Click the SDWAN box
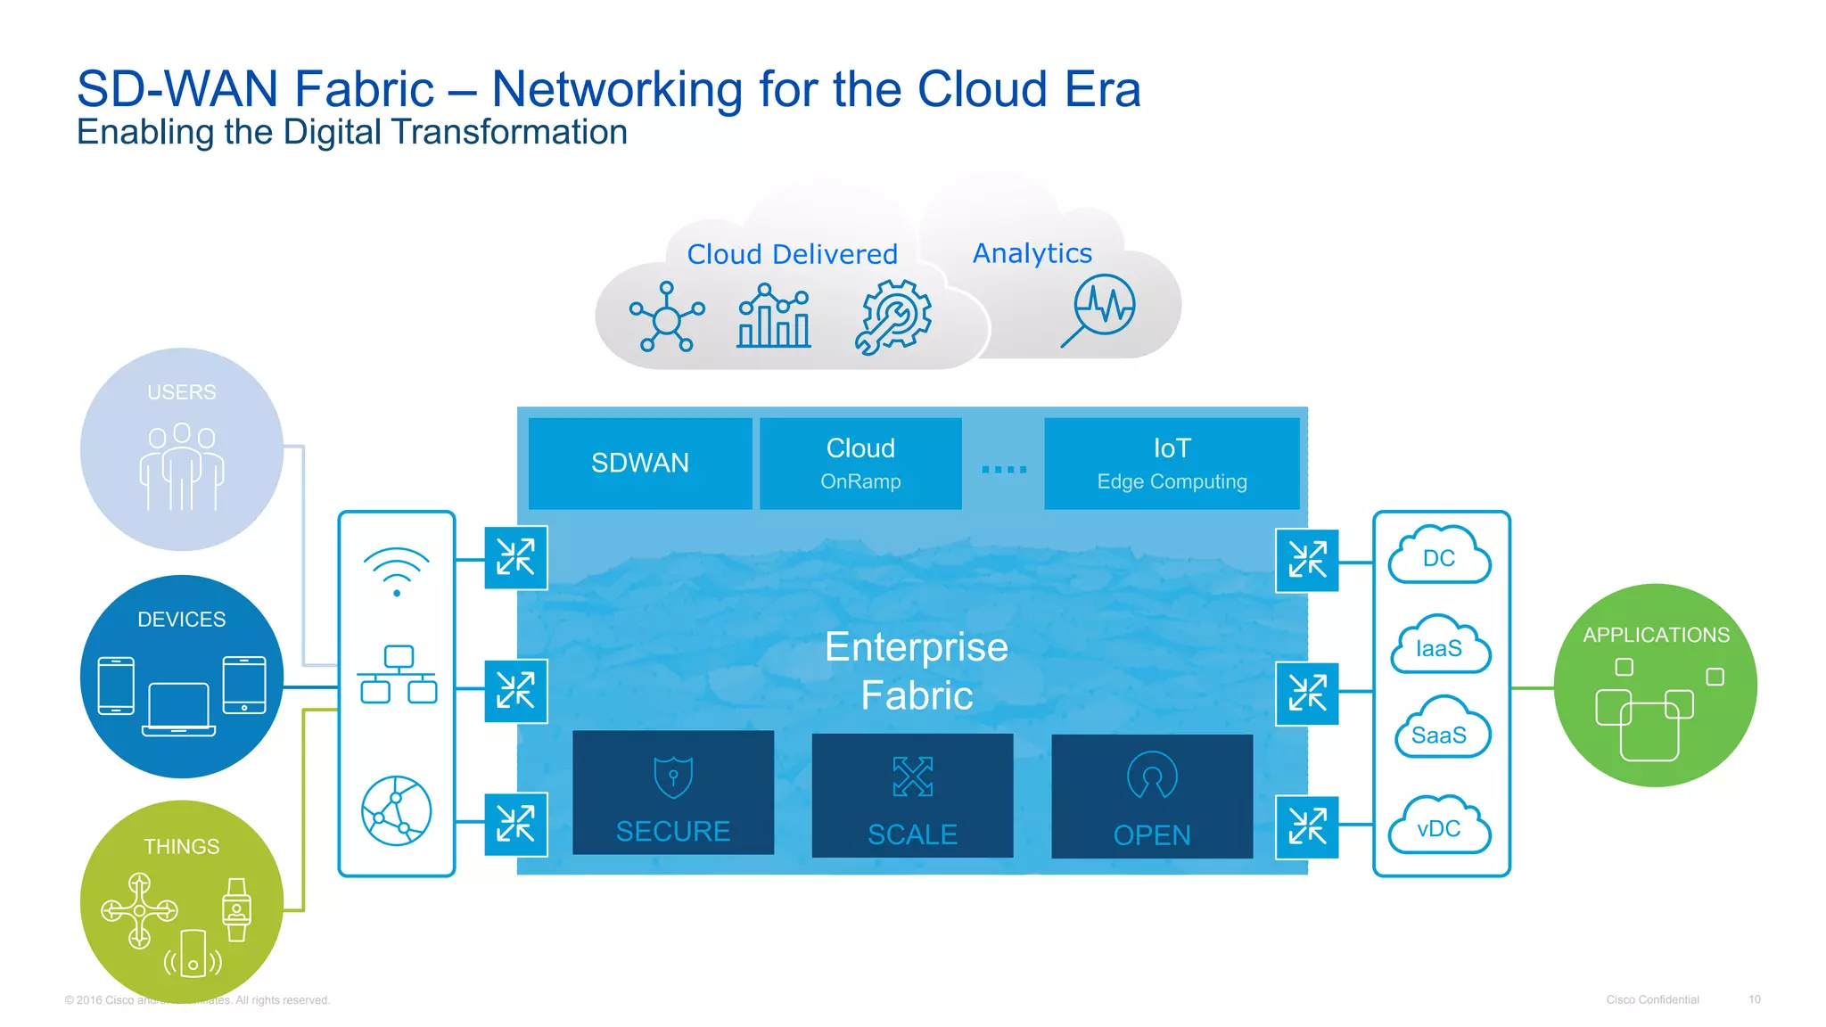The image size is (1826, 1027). [x=640, y=463]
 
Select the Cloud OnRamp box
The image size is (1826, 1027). [x=860, y=463]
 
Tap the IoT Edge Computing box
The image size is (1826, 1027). [x=1172, y=463]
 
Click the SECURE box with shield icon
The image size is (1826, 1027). [x=673, y=793]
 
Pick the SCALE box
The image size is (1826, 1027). [x=912, y=795]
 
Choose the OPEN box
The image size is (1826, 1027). [x=1152, y=796]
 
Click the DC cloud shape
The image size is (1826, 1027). [x=1439, y=557]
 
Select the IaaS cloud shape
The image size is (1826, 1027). [x=1439, y=646]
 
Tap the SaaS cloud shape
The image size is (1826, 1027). [x=1439, y=733]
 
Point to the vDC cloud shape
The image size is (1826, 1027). [x=1439, y=826]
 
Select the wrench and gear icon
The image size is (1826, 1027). [x=893, y=316]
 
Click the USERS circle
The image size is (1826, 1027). [x=182, y=448]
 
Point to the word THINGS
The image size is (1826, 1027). [x=182, y=846]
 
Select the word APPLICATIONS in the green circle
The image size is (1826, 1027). [x=1656, y=635]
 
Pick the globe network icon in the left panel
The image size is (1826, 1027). [x=397, y=810]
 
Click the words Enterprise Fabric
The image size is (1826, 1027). [x=917, y=670]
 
